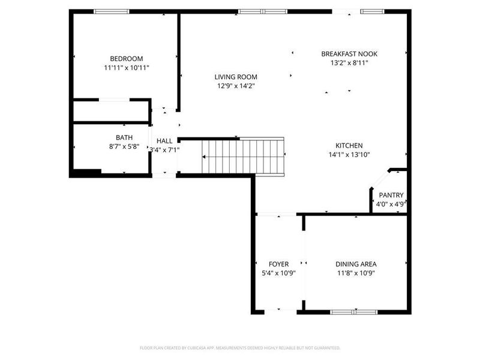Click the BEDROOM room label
click(x=126, y=58)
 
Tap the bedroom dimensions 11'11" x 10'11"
click(x=126, y=68)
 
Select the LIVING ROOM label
click(x=236, y=77)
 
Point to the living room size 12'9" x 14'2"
click(x=236, y=86)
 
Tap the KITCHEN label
click(x=349, y=145)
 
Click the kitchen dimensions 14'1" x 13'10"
click(x=349, y=154)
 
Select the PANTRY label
click(x=391, y=195)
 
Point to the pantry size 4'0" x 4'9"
click(x=391, y=204)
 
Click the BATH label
click(x=124, y=137)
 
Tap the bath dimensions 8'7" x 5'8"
click(x=124, y=146)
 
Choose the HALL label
click(x=164, y=141)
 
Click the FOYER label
click(x=278, y=264)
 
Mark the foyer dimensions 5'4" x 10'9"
click(x=278, y=273)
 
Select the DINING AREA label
click(x=356, y=264)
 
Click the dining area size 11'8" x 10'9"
click(x=356, y=273)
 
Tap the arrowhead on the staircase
click(x=204, y=157)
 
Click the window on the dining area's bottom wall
click(x=354, y=311)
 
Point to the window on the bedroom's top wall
click(x=112, y=11)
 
